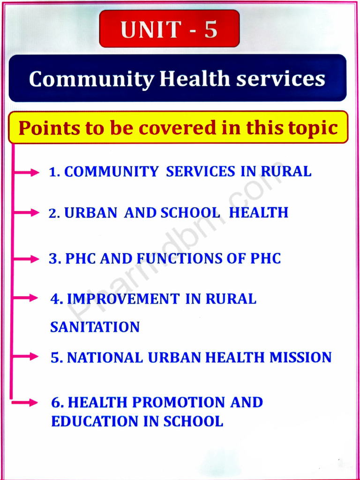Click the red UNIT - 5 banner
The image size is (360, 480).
(169, 29)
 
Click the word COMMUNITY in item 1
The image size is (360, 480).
(111, 172)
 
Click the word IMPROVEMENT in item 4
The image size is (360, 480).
(123, 299)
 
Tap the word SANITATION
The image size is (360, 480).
(95, 327)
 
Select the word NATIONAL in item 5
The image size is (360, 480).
(105, 358)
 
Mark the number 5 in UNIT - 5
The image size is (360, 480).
(210, 29)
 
